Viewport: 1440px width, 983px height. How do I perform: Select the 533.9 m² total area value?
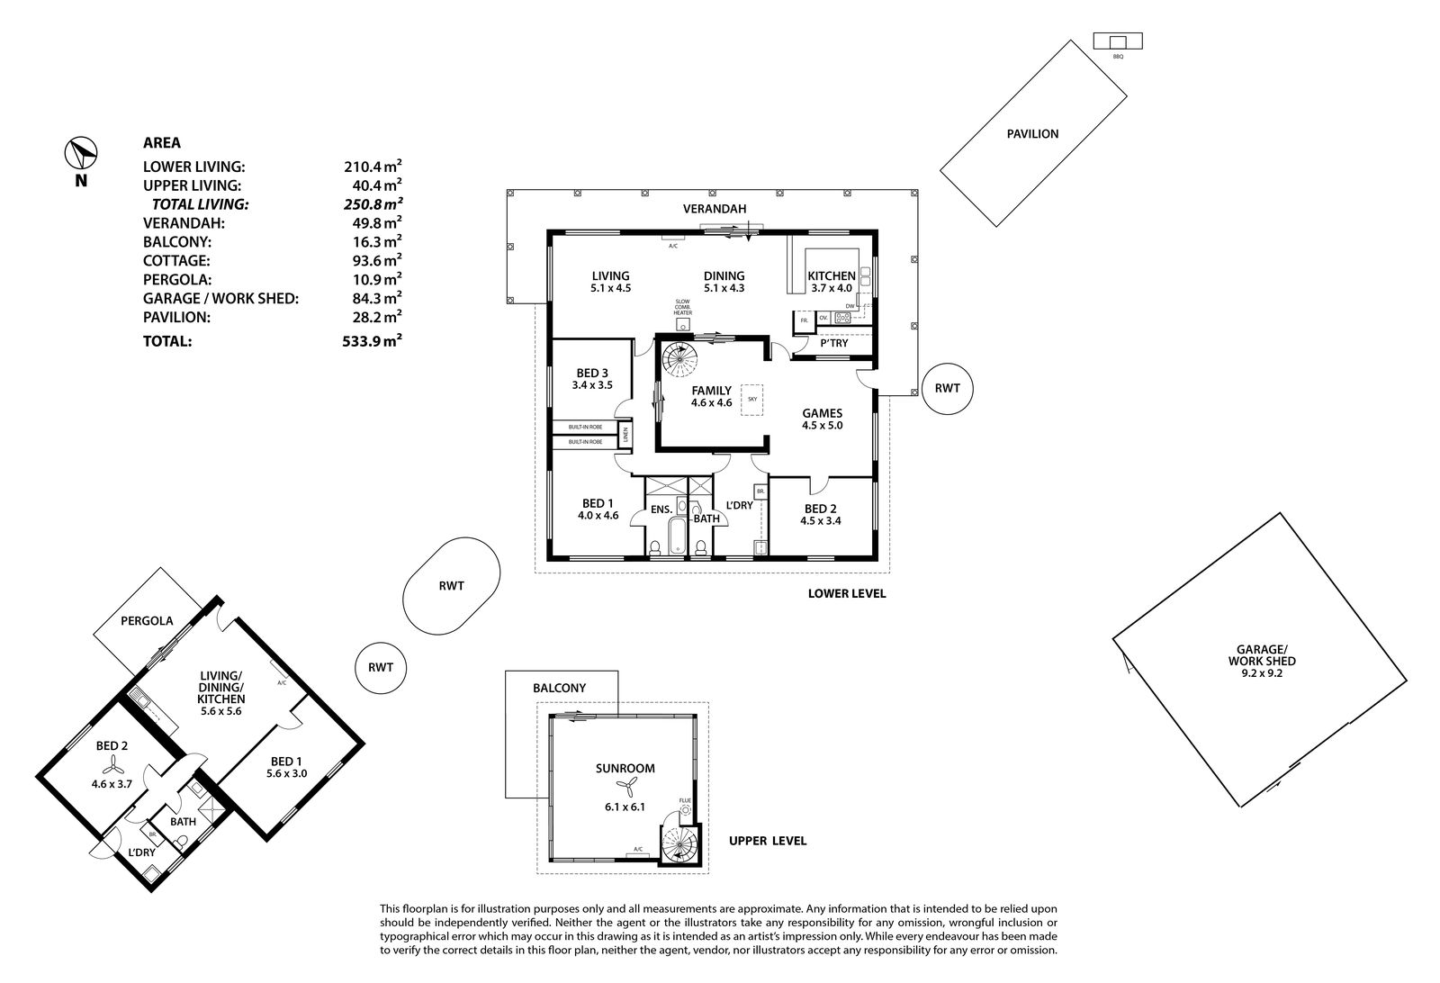tap(373, 340)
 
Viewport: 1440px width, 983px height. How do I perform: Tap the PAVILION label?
tap(1032, 134)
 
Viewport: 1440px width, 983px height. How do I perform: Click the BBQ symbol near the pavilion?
tap(1118, 41)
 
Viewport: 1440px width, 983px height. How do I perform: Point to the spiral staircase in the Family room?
tap(680, 360)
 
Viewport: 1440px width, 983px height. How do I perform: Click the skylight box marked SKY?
tap(752, 400)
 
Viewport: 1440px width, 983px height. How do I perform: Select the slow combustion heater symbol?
tap(683, 323)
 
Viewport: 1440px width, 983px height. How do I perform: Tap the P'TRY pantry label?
tap(833, 343)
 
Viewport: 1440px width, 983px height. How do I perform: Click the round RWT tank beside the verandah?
tap(947, 388)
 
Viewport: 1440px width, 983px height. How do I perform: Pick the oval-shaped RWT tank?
tap(451, 586)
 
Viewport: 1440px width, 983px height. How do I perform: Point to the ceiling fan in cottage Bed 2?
tap(112, 764)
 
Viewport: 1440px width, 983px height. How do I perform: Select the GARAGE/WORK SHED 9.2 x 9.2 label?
tap(1262, 661)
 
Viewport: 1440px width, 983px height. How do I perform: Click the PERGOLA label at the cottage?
tap(147, 620)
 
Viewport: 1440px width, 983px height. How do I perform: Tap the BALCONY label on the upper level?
tap(559, 688)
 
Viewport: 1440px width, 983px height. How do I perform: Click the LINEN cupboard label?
tap(625, 436)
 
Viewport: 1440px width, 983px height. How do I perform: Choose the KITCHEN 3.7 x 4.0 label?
tap(832, 282)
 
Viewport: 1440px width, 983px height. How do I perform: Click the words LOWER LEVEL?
tap(847, 593)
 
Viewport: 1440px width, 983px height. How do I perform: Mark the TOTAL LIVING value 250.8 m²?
tap(373, 203)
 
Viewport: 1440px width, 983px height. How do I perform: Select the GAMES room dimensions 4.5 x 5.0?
tap(823, 425)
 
